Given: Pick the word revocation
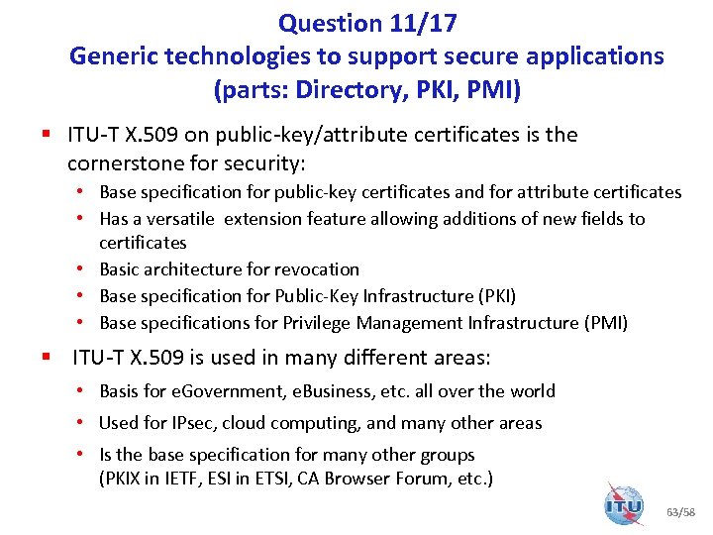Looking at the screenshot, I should [318, 269].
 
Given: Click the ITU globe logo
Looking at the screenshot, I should [624, 505].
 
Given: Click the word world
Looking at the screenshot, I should [532, 391].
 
